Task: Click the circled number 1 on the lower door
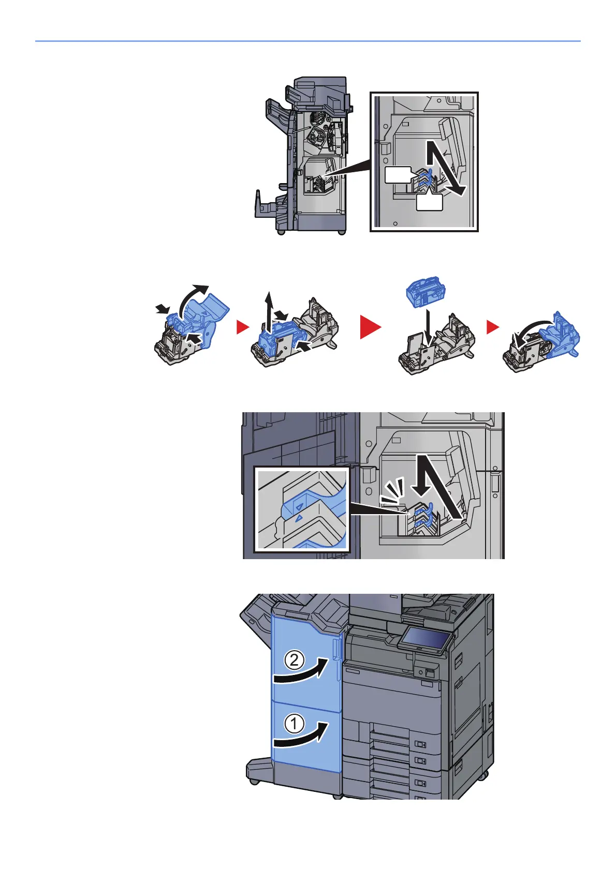click(294, 723)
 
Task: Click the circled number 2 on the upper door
click(294, 660)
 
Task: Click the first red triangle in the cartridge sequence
click(241, 327)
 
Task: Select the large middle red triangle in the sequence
click(371, 327)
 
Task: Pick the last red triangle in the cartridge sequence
click(492, 327)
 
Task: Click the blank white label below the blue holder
click(429, 202)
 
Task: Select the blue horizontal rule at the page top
click(307, 41)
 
